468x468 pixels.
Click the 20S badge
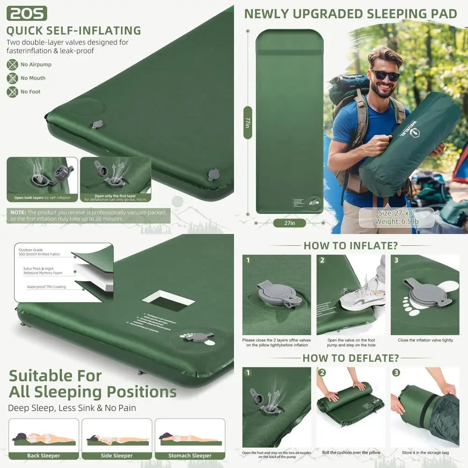click(27, 13)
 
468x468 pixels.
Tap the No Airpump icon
click(12, 65)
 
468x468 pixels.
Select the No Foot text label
click(30, 92)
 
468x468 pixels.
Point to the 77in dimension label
click(248, 123)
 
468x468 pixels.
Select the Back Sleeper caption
click(44, 455)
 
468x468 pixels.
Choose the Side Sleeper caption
click(117, 455)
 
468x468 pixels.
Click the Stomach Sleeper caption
click(190, 455)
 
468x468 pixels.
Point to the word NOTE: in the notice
click(18, 212)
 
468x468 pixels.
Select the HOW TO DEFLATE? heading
click(351, 358)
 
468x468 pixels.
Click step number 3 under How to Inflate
click(396, 260)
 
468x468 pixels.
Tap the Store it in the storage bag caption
click(425, 453)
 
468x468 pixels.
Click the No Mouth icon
click(12, 78)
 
